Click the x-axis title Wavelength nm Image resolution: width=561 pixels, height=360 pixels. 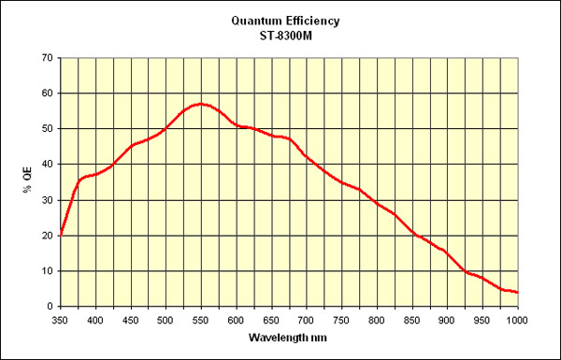coord(288,337)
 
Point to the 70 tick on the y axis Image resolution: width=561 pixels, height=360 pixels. coord(46,58)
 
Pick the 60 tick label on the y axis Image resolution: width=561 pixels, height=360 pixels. coord(46,94)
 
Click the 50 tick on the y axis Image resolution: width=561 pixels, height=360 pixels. coord(46,129)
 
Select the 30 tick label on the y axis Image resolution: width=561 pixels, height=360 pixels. coord(46,200)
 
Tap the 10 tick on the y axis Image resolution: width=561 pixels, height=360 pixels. coord(46,271)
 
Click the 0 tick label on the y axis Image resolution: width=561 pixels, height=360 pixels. coord(49,307)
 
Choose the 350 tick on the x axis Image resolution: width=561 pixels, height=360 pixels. coord(60,320)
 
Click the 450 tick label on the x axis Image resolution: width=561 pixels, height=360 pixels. coord(130,320)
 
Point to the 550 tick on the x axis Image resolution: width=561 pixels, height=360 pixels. coord(200,320)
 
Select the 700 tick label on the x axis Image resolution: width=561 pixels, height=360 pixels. coord(306,320)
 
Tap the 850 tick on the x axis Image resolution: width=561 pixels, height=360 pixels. coord(411,320)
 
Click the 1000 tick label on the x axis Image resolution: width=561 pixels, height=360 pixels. coord(517,320)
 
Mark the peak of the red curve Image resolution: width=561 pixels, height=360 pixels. coord(200,104)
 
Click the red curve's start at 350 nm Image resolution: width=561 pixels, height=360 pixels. coord(60,235)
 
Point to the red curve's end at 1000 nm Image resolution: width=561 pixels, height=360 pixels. coord(517,293)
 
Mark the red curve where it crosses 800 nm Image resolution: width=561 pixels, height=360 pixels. coord(377,202)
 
